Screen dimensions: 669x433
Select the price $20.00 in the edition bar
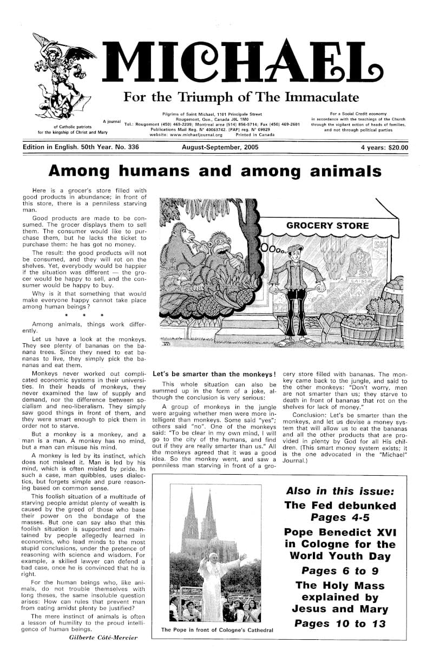pyautogui.click(x=396, y=147)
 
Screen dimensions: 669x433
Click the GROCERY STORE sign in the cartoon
pyautogui.click(x=327, y=225)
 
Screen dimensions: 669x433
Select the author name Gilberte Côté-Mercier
pyautogui.click(x=103, y=637)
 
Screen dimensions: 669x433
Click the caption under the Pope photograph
pyautogui.click(x=216, y=630)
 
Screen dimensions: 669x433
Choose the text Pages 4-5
pyautogui.click(x=340, y=517)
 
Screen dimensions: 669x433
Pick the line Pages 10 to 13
pyautogui.click(x=340, y=624)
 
